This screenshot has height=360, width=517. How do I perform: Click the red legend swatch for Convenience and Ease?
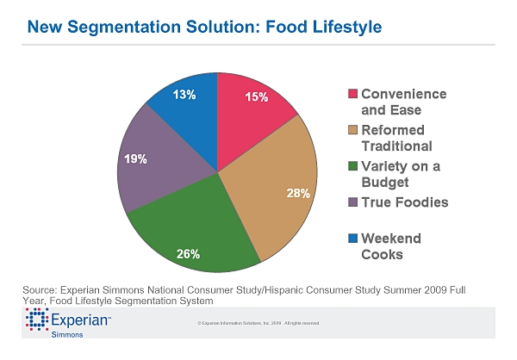(x=352, y=94)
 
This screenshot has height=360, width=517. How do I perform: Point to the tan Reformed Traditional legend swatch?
(x=352, y=129)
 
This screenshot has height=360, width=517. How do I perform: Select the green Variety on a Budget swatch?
(x=352, y=166)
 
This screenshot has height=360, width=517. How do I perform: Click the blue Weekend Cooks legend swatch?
(x=352, y=238)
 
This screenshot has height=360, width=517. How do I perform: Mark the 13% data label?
(x=184, y=94)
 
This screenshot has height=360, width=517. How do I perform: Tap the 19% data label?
(x=135, y=158)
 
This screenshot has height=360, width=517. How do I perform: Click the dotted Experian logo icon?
(x=36, y=321)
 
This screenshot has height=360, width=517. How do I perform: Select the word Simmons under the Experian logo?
(x=68, y=336)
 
